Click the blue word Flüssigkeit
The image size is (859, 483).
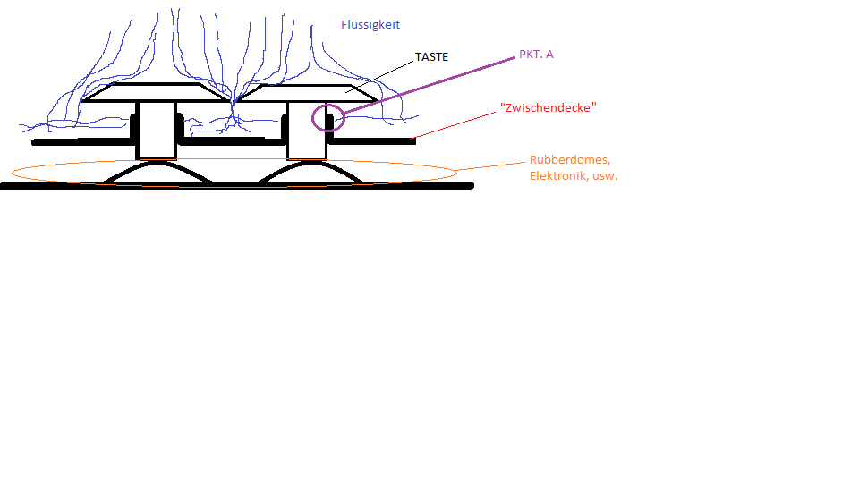[370, 25]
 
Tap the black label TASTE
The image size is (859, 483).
[431, 57]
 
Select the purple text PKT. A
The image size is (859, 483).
[536, 55]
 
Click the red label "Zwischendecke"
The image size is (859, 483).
[549, 108]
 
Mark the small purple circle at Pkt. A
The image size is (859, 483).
[328, 117]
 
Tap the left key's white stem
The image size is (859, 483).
[156, 131]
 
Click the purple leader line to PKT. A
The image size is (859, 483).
[429, 85]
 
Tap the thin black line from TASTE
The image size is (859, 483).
[380, 74]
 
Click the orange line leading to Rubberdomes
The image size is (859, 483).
[492, 165]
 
